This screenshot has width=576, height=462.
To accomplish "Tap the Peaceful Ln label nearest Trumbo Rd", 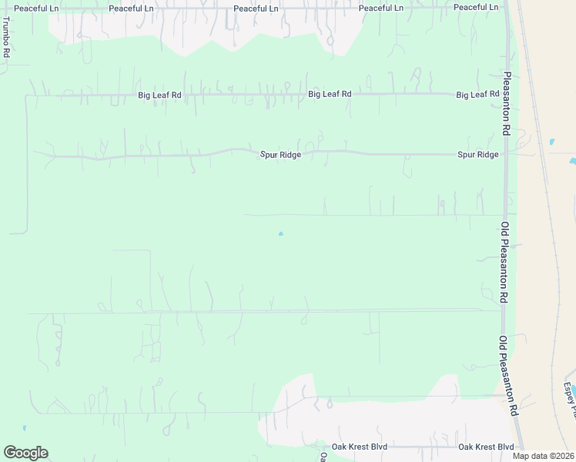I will pyautogui.click(x=35, y=8).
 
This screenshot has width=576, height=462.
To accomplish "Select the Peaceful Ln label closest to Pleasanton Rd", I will pyautogui.click(x=476, y=7).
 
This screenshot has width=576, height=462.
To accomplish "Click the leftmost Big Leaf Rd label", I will pyautogui.click(x=159, y=95).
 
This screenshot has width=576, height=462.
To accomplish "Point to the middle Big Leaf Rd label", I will pyautogui.click(x=330, y=94).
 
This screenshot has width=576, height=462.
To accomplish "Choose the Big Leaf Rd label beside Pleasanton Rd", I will pyautogui.click(x=478, y=95).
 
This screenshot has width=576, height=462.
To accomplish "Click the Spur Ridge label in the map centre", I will pyautogui.click(x=280, y=155).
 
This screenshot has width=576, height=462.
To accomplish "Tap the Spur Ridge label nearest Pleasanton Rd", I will pyautogui.click(x=477, y=154).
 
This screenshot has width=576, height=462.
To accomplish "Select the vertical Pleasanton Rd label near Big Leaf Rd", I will pyautogui.click(x=507, y=105).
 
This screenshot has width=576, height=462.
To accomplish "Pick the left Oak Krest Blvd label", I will pyautogui.click(x=360, y=447).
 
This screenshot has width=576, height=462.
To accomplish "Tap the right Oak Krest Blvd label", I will pyautogui.click(x=486, y=447).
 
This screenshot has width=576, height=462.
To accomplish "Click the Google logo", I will pyautogui.click(x=25, y=453).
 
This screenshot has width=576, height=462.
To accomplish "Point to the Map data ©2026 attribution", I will pyautogui.click(x=544, y=455).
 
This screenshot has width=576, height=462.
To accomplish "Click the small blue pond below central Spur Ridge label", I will pyautogui.click(x=280, y=233).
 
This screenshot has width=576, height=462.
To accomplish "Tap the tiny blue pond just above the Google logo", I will pyautogui.click(x=25, y=427).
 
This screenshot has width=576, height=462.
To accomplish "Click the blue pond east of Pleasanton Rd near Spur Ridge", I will pyautogui.click(x=551, y=142).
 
